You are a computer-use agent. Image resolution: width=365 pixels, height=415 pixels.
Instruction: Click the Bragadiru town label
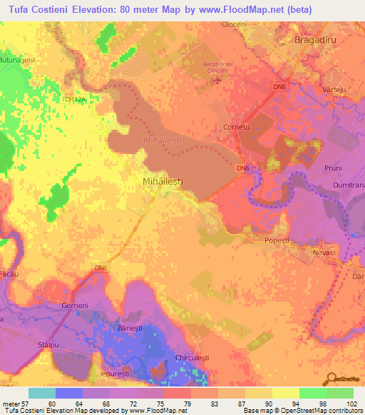315,41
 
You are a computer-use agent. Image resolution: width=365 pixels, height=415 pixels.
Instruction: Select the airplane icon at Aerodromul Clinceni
217,80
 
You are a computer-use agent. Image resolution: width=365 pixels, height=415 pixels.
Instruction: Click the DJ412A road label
75,99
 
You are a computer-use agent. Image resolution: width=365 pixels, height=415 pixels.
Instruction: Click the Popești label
277,241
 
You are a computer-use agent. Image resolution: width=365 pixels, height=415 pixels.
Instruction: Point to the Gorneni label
74,305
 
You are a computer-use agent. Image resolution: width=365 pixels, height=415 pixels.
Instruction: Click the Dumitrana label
348,185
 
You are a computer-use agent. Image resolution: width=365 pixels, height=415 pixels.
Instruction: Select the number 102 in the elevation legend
350,404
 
